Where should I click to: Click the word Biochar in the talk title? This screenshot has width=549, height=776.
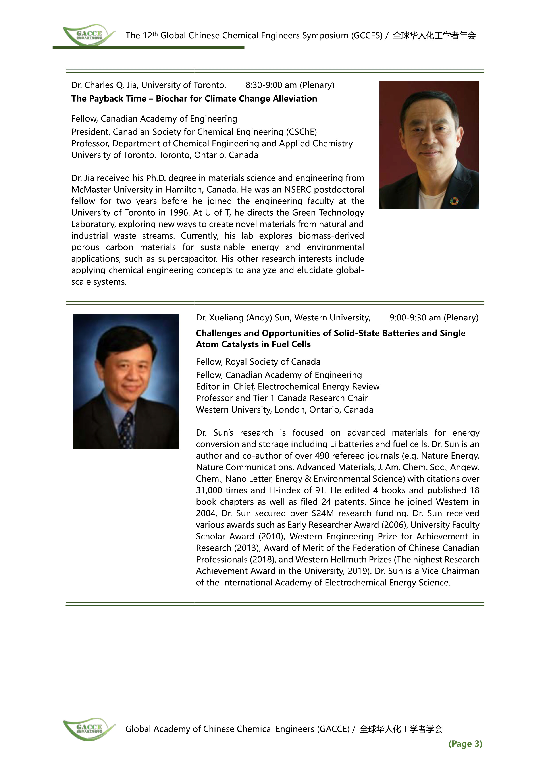point(170,99)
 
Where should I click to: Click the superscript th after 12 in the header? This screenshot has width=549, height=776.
point(155,33)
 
